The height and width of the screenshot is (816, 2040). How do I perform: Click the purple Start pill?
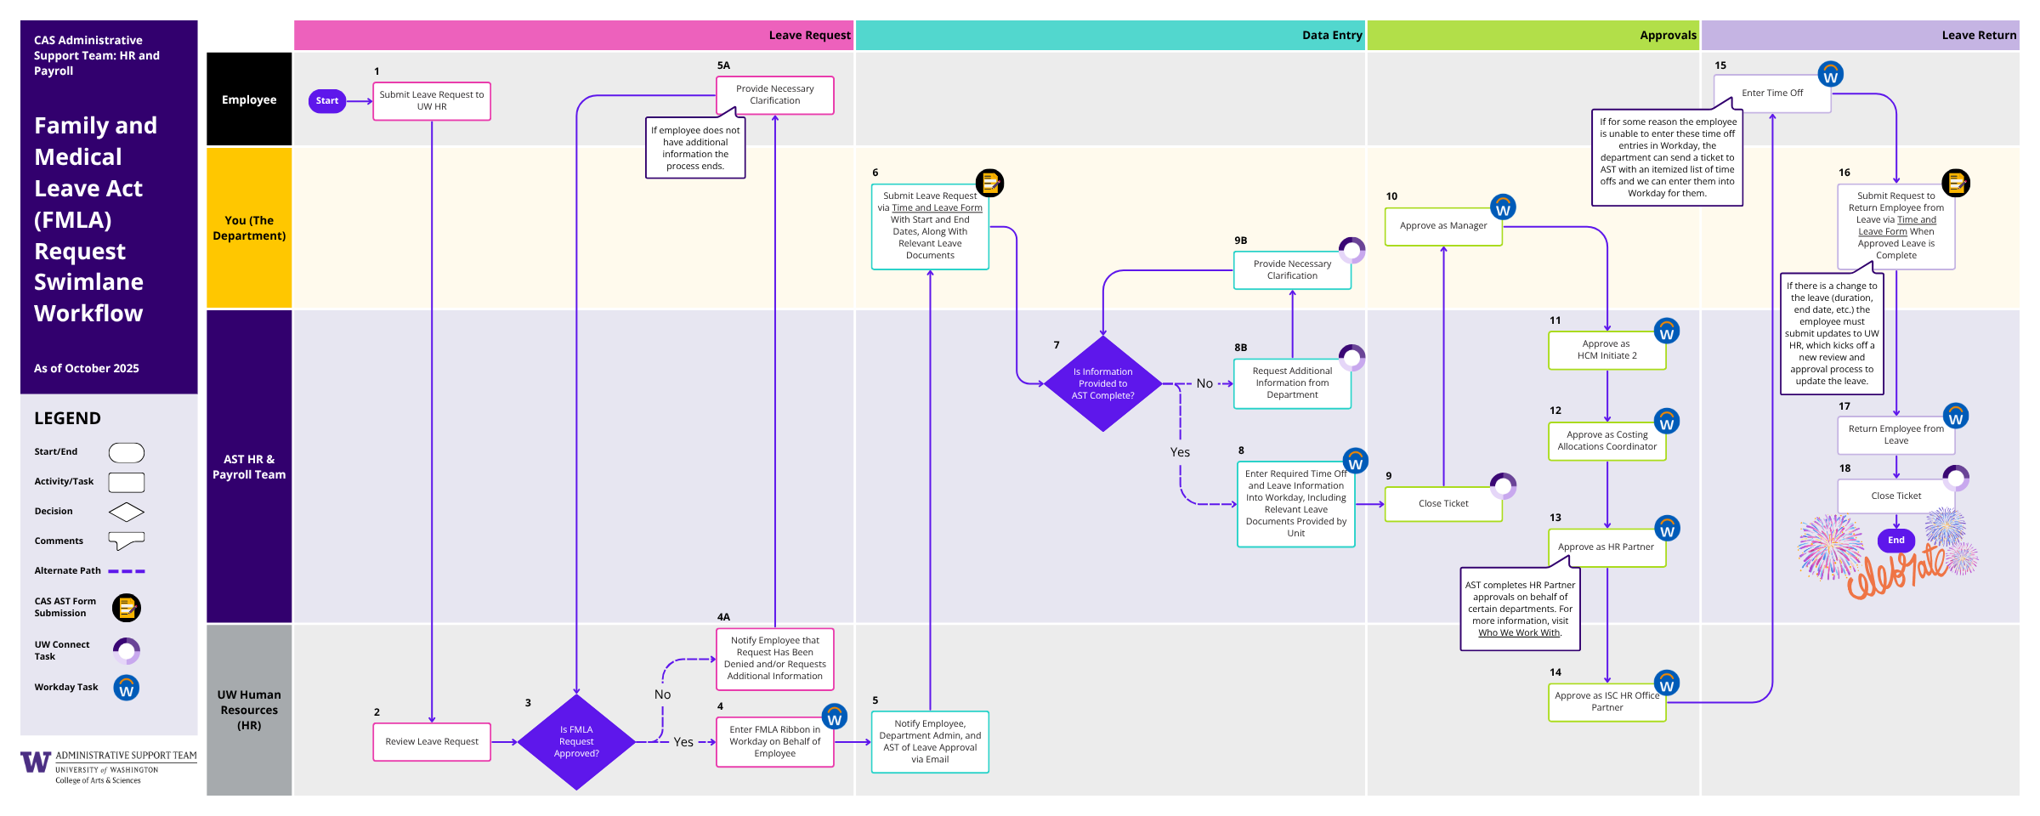(x=326, y=101)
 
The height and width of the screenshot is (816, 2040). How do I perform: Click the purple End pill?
(x=1895, y=541)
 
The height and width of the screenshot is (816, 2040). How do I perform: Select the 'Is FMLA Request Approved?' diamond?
(x=576, y=742)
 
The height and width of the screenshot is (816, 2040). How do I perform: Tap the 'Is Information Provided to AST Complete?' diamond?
(x=1102, y=384)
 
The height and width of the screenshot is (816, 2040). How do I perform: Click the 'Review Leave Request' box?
(x=432, y=742)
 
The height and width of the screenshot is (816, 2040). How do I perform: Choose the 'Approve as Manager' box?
(x=1442, y=226)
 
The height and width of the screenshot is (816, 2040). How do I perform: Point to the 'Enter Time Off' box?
(x=1771, y=93)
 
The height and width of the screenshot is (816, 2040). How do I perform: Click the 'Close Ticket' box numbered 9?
(x=1442, y=504)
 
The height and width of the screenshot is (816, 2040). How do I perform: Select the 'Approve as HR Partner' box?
(x=1606, y=547)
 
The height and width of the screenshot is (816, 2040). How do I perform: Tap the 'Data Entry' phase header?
(x=1109, y=36)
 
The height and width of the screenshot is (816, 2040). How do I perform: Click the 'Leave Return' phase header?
(x=1860, y=36)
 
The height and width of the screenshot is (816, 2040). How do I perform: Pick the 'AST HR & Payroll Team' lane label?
(x=249, y=467)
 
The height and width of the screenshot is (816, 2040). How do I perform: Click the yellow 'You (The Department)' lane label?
(x=249, y=228)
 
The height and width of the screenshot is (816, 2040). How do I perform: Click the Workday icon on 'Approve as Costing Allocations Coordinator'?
(x=1666, y=422)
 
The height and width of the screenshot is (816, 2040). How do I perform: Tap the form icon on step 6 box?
(x=989, y=183)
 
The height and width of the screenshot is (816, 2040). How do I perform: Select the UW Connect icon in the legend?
(x=127, y=651)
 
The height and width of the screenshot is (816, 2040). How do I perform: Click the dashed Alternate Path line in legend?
(x=127, y=571)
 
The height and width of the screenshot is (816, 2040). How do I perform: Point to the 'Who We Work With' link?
(x=1519, y=632)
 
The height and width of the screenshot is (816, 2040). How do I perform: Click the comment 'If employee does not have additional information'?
(x=695, y=149)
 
